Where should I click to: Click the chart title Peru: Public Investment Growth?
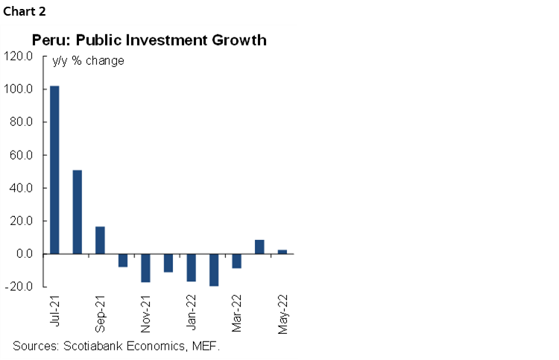[149, 40]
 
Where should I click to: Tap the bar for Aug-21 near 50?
[78, 212]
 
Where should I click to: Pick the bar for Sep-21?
[100, 240]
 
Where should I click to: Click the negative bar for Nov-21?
[145, 268]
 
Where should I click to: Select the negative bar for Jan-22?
[192, 268]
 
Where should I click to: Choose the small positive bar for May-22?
[282, 252]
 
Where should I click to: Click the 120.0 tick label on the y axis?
[19, 57]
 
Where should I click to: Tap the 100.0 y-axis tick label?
[19, 89]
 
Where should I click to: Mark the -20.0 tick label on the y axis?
[19, 287]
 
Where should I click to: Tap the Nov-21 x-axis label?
[147, 312]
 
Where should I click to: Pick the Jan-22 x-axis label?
[192, 312]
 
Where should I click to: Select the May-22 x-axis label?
[283, 312]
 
